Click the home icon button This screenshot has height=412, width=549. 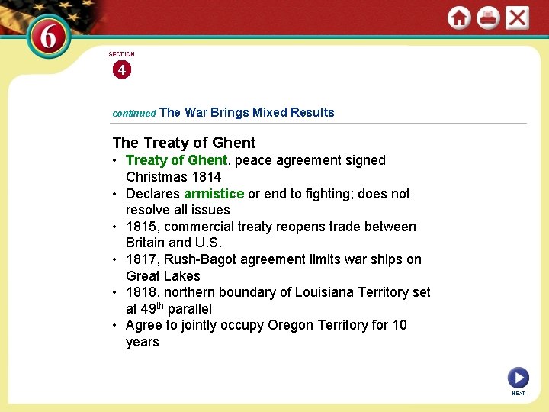[x=459, y=18]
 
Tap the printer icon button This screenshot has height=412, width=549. [x=488, y=18]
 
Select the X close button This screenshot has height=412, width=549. [x=517, y=18]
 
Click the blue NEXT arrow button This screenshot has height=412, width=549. [x=518, y=377]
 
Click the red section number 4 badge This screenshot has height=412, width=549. [x=121, y=70]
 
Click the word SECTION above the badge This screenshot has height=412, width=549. [x=121, y=54]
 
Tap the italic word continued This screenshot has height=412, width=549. [x=134, y=113]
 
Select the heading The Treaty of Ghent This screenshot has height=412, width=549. [x=184, y=143]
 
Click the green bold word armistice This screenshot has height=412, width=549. [x=213, y=194]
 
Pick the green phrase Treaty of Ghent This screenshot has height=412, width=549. [x=176, y=160]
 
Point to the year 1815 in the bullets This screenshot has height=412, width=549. [x=141, y=227]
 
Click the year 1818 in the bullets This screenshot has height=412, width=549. [x=141, y=292]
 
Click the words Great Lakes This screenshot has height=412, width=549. [x=163, y=276]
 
